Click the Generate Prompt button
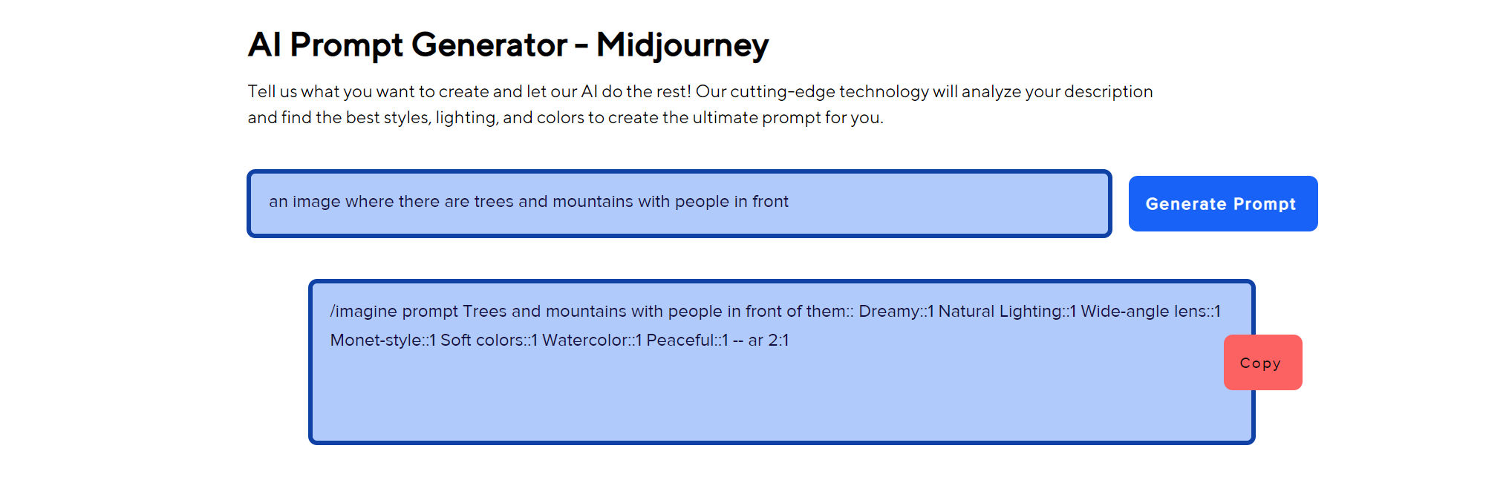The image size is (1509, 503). coord(1223,203)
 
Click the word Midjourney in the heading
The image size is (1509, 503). coord(682,46)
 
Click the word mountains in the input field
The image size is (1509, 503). coord(593,201)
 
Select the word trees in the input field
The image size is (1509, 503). coord(494,201)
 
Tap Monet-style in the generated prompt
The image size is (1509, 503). coord(376,340)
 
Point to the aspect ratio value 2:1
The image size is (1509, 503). coord(778,340)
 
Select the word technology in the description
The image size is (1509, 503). coord(884,91)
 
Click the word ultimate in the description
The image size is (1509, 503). coord(720,117)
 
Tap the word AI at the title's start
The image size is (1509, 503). coord(264,45)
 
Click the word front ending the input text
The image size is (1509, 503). coord(771,201)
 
